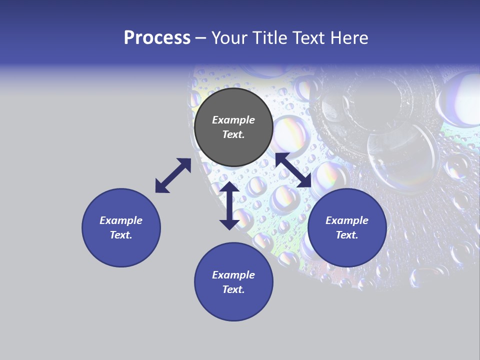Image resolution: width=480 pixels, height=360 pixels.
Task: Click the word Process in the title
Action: click(x=157, y=38)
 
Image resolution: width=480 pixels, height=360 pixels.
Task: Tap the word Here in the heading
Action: click(x=348, y=38)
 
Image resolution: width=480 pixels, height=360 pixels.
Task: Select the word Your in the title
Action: click(x=230, y=38)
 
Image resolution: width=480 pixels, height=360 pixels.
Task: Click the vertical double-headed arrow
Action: click(x=229, y=205)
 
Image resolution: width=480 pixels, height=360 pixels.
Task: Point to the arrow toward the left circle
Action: click(x=173, y=175)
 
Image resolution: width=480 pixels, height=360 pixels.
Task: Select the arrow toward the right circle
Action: click(x=293, y=170)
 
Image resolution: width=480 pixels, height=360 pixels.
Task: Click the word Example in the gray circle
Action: click(x=233, y=120)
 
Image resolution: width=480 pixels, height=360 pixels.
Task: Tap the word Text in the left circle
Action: click(x=121, y=235)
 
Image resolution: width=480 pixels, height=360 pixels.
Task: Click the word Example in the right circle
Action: click(x=347, y=220)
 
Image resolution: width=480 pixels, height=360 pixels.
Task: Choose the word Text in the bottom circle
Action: click(x=233, y=289)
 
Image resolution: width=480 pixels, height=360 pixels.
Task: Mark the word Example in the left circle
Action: click(x=121, y=220)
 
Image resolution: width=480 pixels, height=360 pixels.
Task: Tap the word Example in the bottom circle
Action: click(x=233, y=275)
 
